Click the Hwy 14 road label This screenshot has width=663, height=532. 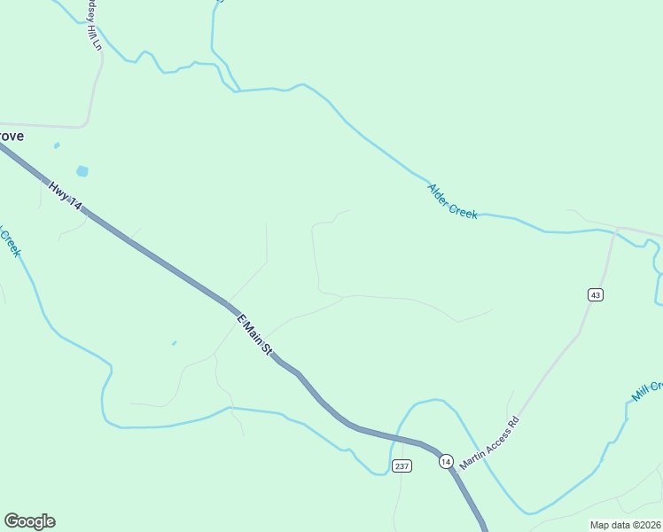(65, 196)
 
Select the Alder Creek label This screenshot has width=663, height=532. (452, 201)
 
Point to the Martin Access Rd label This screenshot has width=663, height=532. (488, 444)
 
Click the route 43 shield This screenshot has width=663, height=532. (595, 294)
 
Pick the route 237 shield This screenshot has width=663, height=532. (402, 466)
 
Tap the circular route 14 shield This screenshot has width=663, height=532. (445, 461)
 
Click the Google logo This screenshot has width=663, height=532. (29, 521)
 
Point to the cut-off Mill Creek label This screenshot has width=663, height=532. (647, 391)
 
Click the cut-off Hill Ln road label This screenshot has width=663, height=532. (92, 27)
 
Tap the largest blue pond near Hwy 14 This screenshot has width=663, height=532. (82, 171)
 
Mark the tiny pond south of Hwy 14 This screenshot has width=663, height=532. (174, 343)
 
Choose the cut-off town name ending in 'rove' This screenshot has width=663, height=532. (11, 137)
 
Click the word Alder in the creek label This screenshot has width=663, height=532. (441, 193)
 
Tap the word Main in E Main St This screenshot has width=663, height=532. (253, 332)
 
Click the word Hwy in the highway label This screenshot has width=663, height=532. (58, 191)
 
